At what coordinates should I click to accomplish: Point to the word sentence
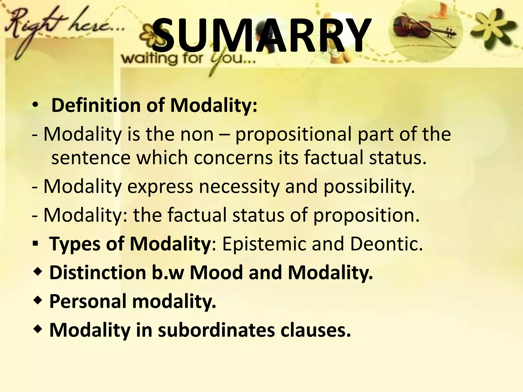(x=91, y=157)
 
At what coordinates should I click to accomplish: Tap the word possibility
(x=369, y=186)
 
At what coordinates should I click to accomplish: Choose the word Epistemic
(x=264, y=244)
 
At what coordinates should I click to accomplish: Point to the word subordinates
(x=216, y=330)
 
